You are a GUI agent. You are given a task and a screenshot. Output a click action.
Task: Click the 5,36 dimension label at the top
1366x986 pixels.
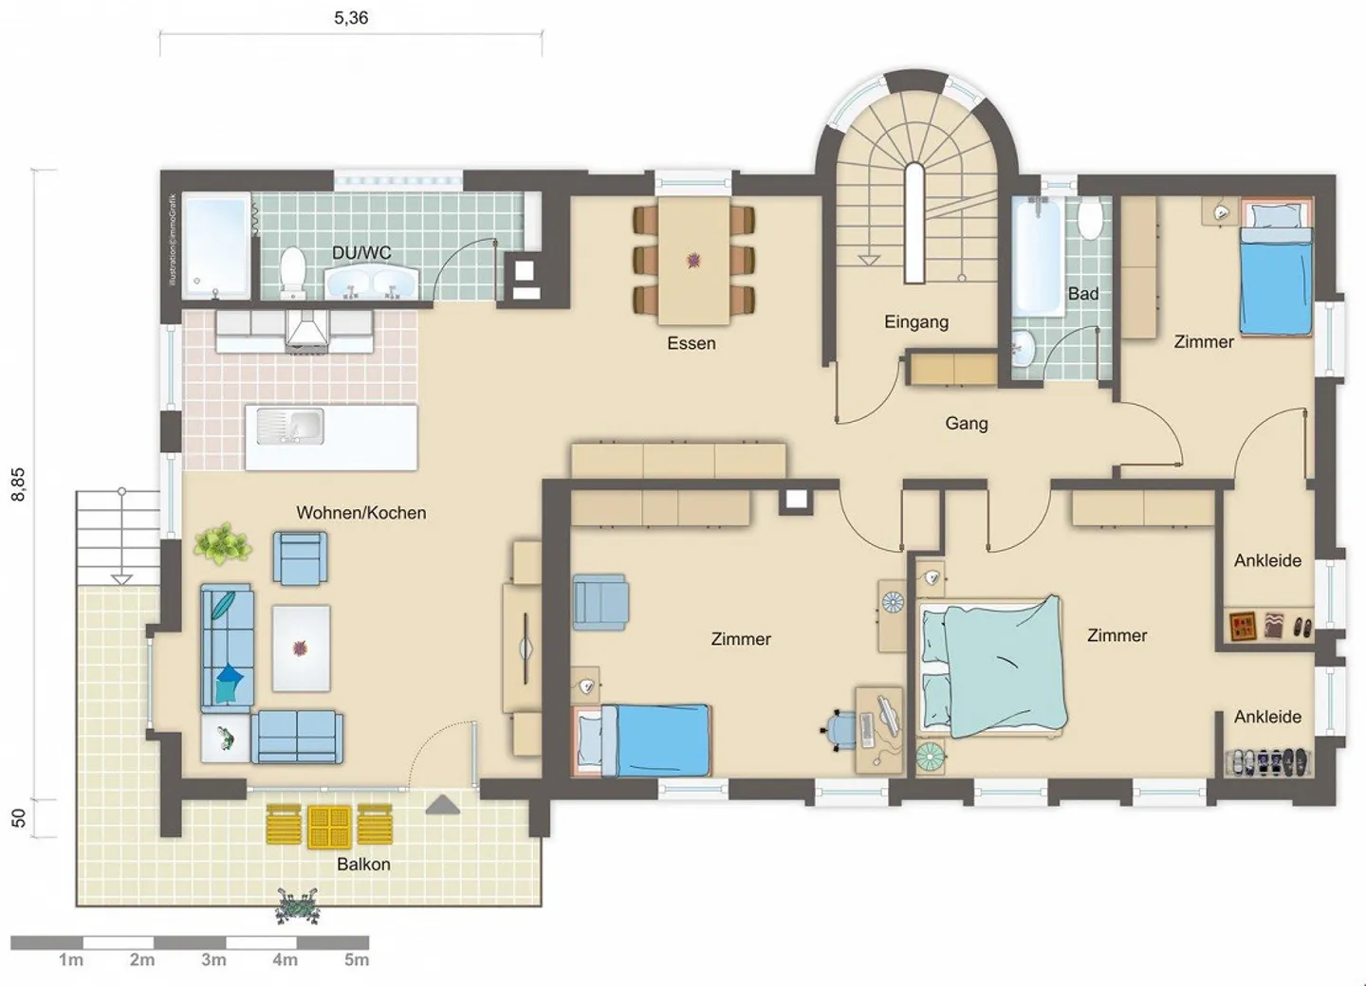pyautogui.click(x=351, y=18)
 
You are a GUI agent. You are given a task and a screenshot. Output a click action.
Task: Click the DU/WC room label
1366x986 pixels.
pyautogui.click(x=361, y=253)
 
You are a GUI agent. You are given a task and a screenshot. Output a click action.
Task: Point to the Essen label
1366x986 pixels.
pyautogui.click(x=691, y=343)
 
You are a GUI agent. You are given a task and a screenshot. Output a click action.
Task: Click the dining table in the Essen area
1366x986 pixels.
pyautogui.click(x=693, y=260)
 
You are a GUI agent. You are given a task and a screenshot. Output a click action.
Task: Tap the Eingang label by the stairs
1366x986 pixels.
pyautogui.click(x=915, y=321)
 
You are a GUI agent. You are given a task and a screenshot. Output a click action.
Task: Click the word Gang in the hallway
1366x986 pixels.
pyautogui.click(x=966, y=424)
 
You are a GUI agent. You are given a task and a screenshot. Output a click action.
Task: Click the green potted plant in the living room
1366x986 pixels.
pyautogui.click(x=223, y=544)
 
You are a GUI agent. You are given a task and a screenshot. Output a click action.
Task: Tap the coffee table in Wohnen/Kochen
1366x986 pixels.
pyautogui.click(x=301, y=648)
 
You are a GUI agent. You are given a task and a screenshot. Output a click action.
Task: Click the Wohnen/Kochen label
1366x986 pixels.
pyautogui.click(x=360, y=513)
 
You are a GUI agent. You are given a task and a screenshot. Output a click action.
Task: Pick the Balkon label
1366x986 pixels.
pyautogui.click(x=363, y=864)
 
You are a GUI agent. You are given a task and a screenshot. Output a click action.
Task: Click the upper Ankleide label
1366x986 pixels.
pyautogui.click(x=1267, y=560)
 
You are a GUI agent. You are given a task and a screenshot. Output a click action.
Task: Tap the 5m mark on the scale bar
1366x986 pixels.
pyautogui.click(x=357, y=959)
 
